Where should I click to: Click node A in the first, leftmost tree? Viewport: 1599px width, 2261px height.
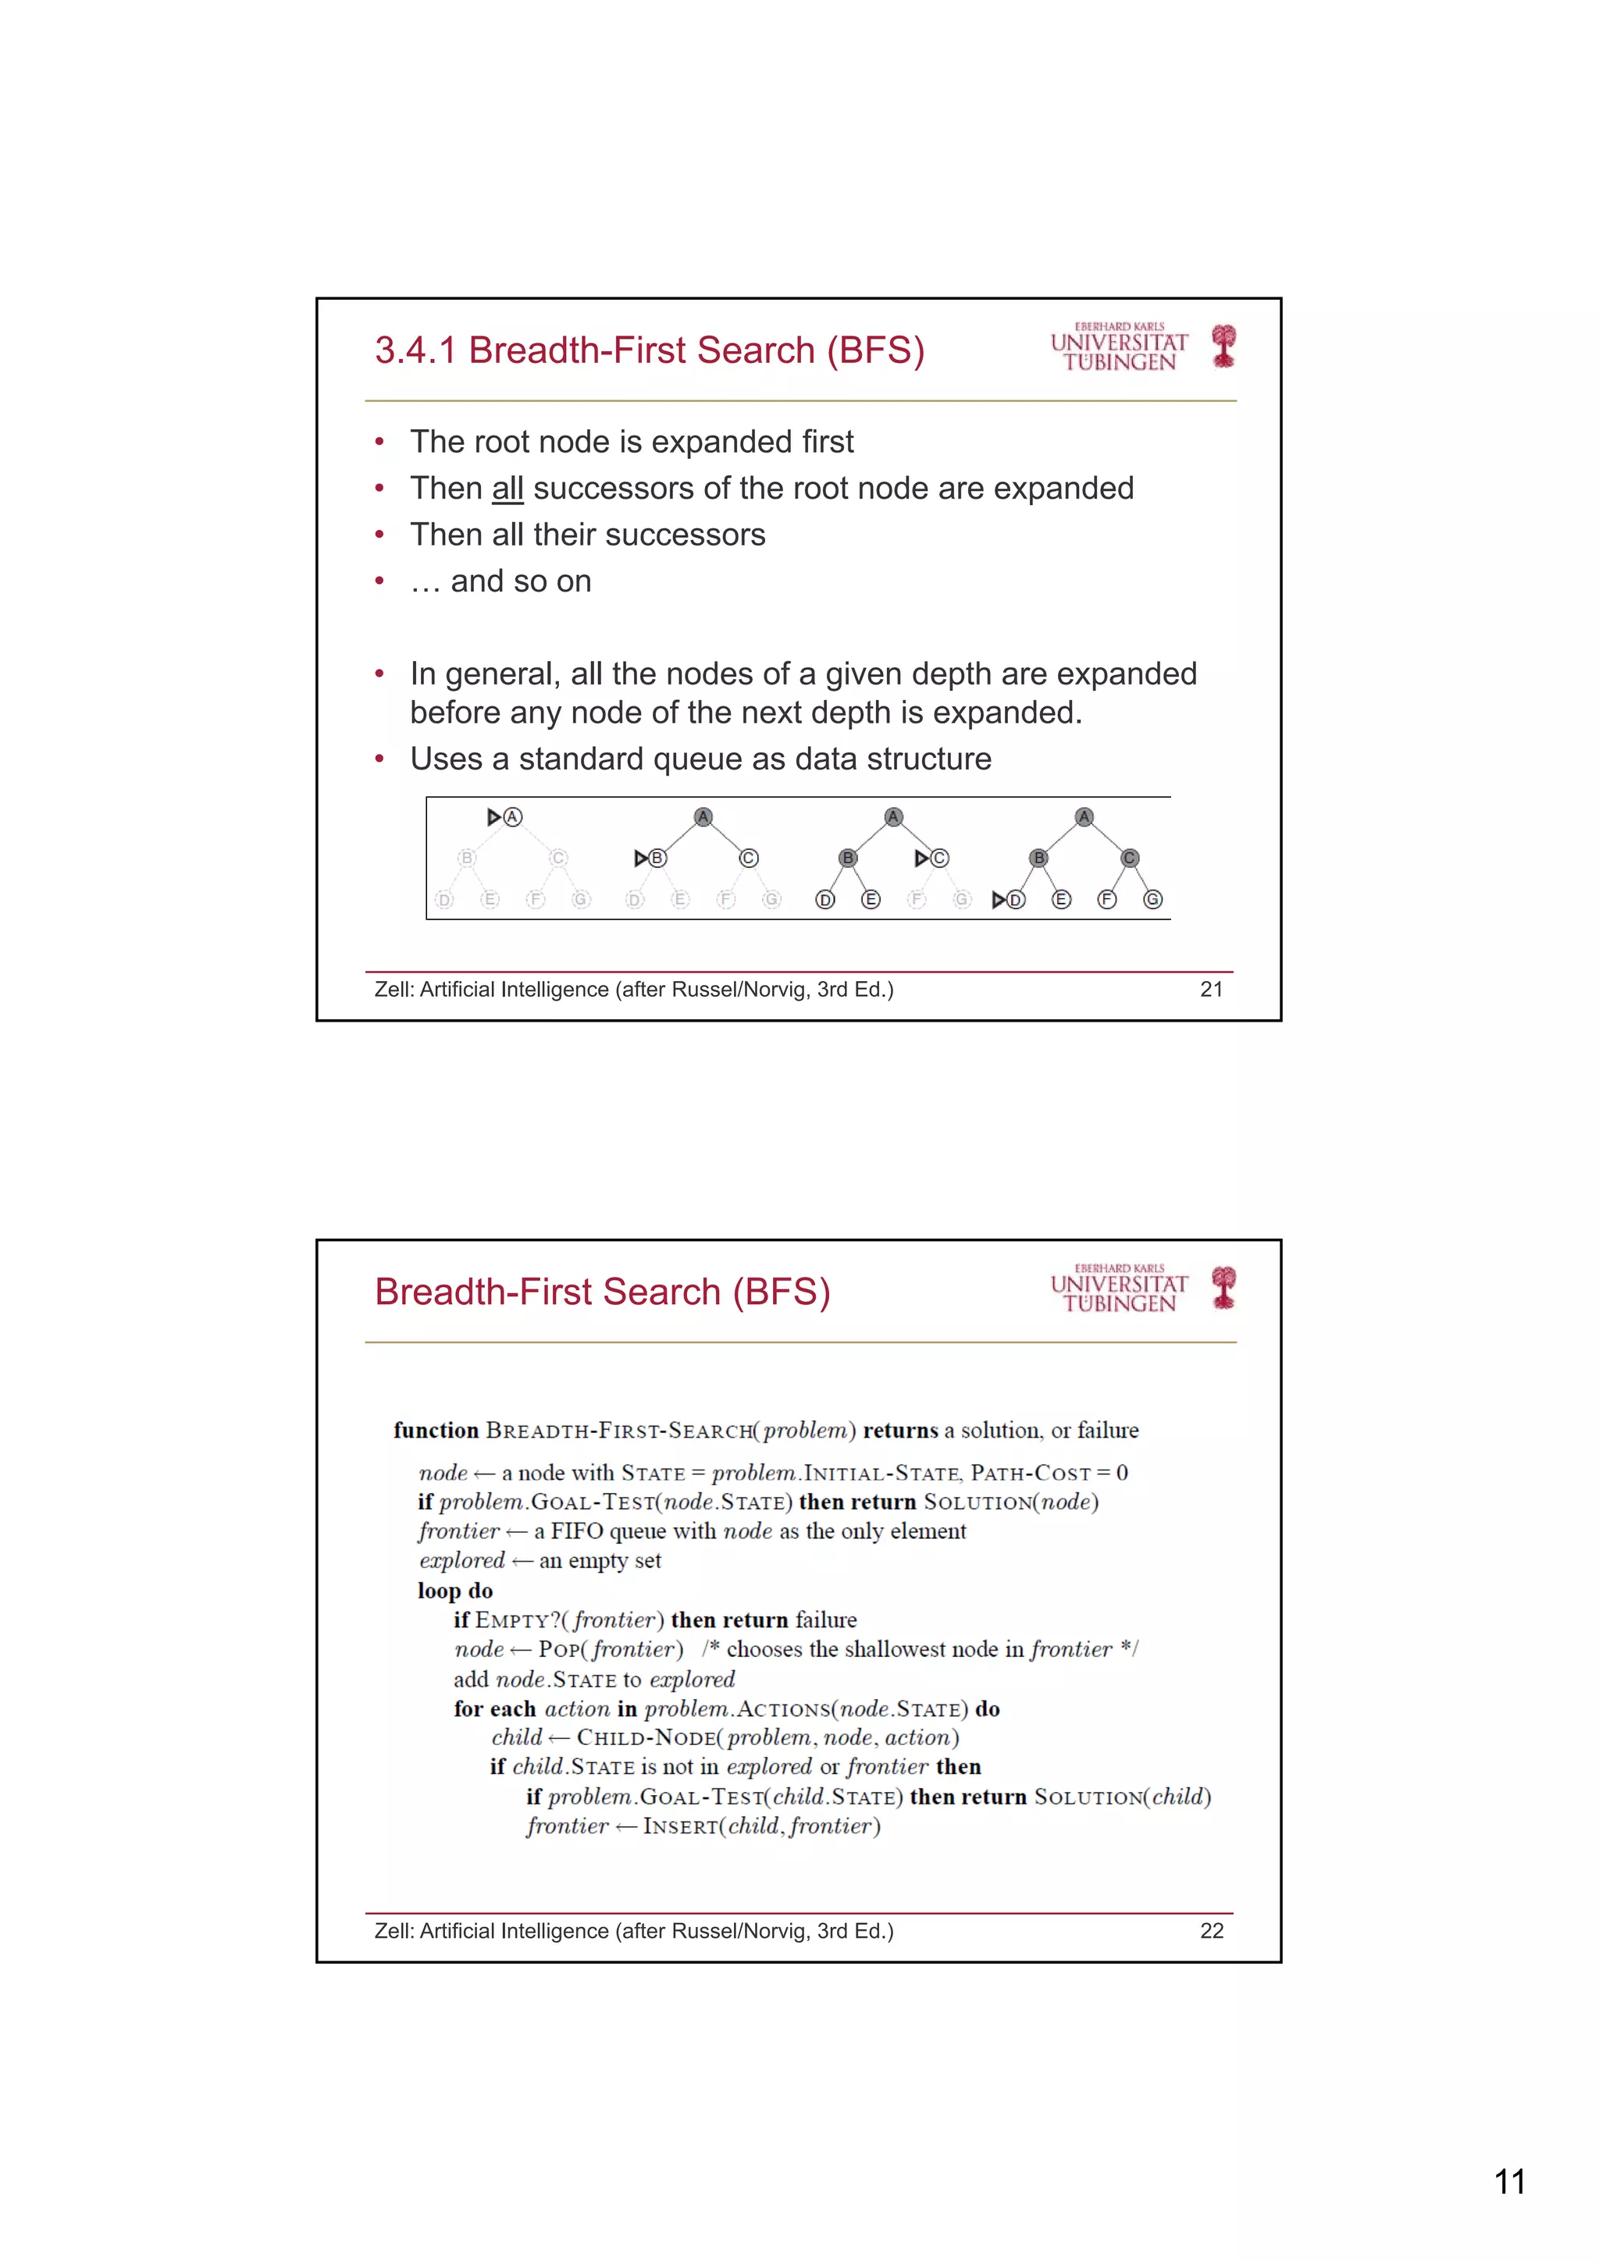(x=512, y=816)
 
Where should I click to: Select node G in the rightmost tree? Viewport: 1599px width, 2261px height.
(x=1152, y=899)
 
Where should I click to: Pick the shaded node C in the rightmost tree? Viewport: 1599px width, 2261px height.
(x=1130, y=858)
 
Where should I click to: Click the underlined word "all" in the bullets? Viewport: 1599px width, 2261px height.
(x=507, y=489)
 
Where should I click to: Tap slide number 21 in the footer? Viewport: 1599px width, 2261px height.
(x=1211, y=990)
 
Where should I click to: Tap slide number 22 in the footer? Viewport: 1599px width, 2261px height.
(x=1211, y=1931)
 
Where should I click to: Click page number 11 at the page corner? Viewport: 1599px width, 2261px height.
(x=1509, y=2181)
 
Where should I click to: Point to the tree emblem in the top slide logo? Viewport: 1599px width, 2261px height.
(x=1223, y=346)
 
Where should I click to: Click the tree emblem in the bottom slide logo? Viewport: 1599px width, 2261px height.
(x=1223, y=1287)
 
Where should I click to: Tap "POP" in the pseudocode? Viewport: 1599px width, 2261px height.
(x=558, y=1649)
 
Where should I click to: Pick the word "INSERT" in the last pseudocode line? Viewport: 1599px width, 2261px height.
(x=681, y=1827)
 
